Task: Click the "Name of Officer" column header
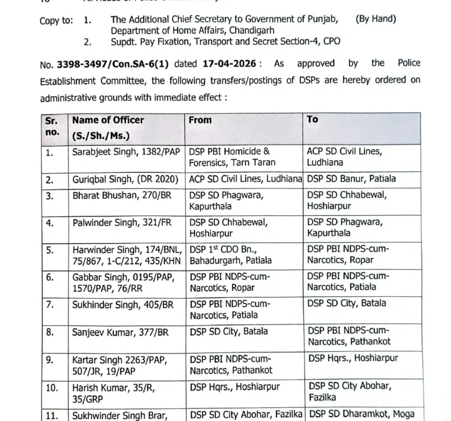tap(108, 120)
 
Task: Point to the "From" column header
tap(200, 120)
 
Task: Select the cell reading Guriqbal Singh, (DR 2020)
tap(121, 179)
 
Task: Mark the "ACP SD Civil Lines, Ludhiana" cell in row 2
tap(245, 179)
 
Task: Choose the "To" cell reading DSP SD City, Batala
tap(346, 304)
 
